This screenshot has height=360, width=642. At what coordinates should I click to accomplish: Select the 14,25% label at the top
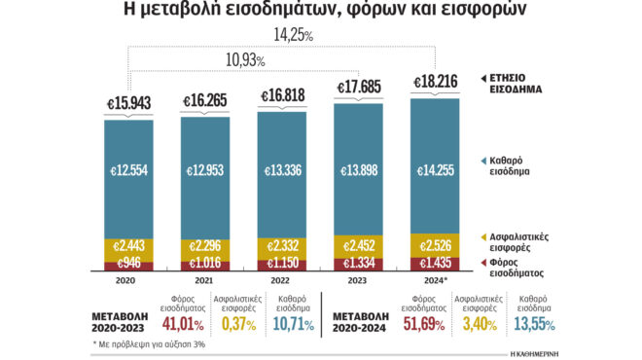tap(293, 35)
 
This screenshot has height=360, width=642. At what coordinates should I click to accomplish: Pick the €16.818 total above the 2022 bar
tap(280, 96)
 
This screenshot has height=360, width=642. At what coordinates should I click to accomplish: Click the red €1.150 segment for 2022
tap(280, 264)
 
